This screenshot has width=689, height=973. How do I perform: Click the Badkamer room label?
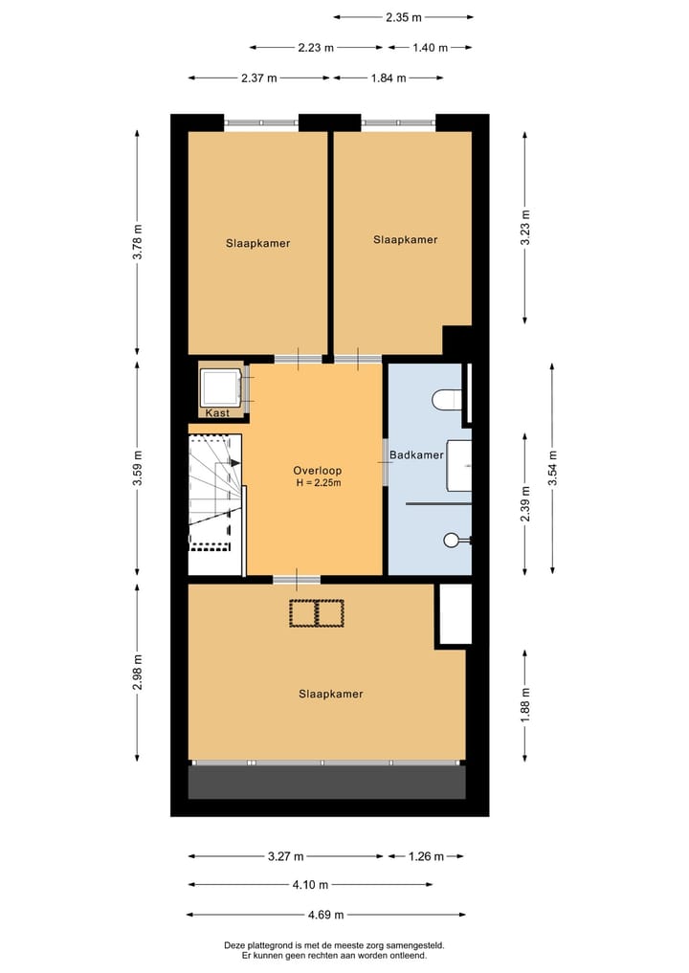click(x=416, y=455)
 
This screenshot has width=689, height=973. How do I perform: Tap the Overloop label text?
click(x=317, y=471)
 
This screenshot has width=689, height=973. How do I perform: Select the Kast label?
click(x=217, y=413)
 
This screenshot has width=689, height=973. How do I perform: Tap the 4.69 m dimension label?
click(x=325, y=915)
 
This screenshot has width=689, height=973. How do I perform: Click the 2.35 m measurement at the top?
click(x=404, y=16)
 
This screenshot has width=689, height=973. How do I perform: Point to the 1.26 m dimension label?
click(x=424, y=856)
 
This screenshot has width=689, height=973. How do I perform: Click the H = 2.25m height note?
click(x=318, y=483)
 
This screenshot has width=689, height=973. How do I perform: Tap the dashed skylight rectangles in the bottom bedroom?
click(x=317, y=613)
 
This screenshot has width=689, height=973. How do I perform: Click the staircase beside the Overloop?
click(x=214, y=493)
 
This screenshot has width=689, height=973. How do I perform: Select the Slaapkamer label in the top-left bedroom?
click(x=257, y=243)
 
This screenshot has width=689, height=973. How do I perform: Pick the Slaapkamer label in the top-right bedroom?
click(x=405, y=239)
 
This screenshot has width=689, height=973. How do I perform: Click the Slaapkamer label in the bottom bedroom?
click(x=330, y=694)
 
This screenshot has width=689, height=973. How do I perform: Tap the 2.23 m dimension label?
click(x=315, y=47)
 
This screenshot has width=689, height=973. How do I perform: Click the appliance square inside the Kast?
click(x=219, y=387)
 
